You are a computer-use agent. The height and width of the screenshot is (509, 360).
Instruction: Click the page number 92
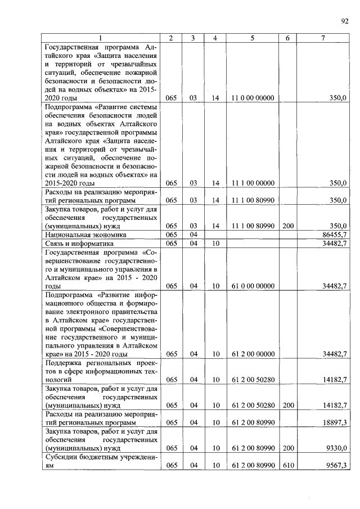tap(344, 22)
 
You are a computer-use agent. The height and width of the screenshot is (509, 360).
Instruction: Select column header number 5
tap(252, 38)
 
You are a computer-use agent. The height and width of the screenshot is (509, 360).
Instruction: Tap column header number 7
tap(322, 38)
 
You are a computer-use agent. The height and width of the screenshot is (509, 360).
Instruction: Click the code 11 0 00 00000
tap(253, 98)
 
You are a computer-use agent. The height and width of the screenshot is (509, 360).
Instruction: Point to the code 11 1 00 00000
tap(253, 183)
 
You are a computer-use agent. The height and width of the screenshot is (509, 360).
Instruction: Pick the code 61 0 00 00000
tap(253, 286)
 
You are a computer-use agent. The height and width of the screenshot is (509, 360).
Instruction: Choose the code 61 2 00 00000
tap(253, 354)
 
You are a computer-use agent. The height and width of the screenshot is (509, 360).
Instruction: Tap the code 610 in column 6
tap(287, 465)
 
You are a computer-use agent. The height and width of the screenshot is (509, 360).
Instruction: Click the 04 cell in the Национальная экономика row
tap(193, 234)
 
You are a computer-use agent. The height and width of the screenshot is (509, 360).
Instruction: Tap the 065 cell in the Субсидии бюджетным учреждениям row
tap(172, 465)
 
